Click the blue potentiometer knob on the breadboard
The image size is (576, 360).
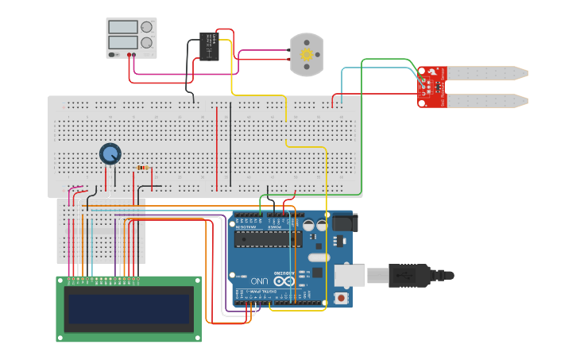(110, 153)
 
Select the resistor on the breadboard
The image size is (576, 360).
(144, 168)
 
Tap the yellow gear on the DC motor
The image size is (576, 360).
(307, 54)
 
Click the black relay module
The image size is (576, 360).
(210, 46)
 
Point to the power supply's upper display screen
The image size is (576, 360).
(122, 27)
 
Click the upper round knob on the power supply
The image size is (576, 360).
(147, 27)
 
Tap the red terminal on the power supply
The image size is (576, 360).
(130, 55)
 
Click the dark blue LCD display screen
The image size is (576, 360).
(130, 308)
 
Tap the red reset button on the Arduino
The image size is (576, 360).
(342, 298)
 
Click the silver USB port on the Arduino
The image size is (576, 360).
(350, 275)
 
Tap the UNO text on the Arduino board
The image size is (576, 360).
(259, 281)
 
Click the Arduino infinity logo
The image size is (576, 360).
(283, 281)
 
